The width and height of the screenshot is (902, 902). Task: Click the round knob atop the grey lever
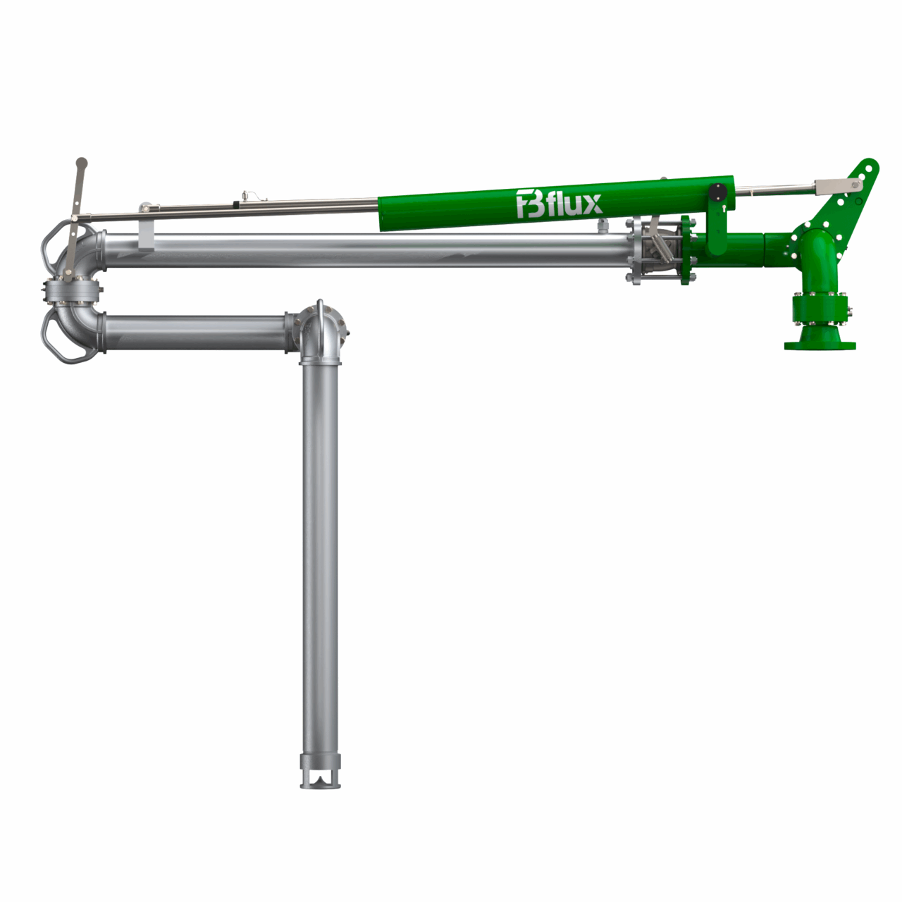pyautogui.click(x=82, y=162)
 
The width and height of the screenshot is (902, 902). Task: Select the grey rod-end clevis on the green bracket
pyautogui.click(x=839, y=185)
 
